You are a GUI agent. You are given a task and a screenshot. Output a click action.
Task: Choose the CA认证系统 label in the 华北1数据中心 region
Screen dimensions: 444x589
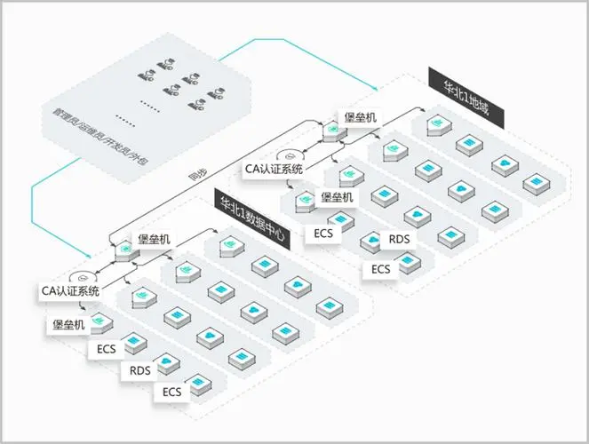pyautogui.click(x=69, y=289)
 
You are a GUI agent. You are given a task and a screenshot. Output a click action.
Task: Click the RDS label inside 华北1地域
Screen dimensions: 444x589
pyautogui.click(x=399, y=239)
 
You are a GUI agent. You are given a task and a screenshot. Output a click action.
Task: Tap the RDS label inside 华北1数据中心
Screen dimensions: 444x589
pyautogui.click(x=140, y=370)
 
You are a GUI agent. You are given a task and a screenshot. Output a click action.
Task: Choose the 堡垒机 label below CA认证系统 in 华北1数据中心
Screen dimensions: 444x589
pyautogui.click(x=67, y=325)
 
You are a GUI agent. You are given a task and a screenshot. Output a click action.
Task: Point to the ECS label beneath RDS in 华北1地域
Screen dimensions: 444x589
pyautogui.click(x=380, y=269)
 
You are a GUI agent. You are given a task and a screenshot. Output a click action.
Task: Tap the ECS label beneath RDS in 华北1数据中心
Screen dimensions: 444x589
pyautogui.click(x=171, y=392)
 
